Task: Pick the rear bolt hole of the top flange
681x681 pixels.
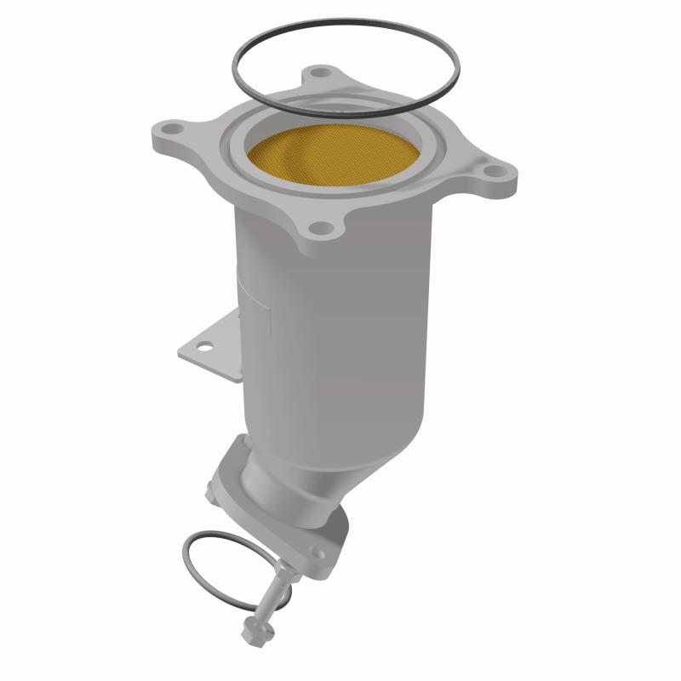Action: click(319, 74)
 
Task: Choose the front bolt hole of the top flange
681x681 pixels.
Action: click(318, 228)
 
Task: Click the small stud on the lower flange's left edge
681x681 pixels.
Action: click(211, 492)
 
